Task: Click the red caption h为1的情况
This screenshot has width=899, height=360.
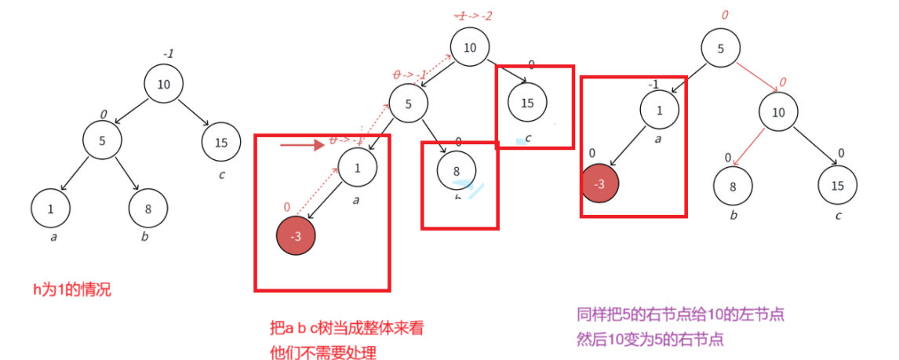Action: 71,289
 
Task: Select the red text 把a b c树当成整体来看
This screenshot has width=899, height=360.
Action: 346,329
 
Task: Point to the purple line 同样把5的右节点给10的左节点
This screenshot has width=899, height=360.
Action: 680,315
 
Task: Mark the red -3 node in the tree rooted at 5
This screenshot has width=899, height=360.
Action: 600,184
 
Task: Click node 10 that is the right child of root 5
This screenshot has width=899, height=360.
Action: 777,113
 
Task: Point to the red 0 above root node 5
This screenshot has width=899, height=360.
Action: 724,14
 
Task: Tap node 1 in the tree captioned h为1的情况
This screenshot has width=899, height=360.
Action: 51,209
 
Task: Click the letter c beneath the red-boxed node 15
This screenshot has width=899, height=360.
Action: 529,138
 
